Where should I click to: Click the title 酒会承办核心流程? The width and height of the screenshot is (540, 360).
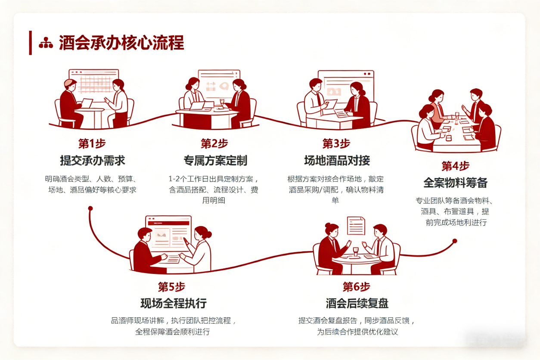click(121, 43)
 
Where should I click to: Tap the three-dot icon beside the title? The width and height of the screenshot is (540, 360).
click(46, 43)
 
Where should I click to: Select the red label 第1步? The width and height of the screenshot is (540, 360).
click(92, 143)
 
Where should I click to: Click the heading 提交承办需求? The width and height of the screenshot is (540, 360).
click(92, 161)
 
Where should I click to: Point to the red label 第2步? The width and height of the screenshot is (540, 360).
click(214, 143)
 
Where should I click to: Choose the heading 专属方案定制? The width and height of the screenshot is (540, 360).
click(215, 161)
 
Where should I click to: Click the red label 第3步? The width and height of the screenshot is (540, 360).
click(336, 143)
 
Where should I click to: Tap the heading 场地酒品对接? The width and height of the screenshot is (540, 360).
click(337, 161)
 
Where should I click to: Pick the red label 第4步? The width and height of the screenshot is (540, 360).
click(455, 166)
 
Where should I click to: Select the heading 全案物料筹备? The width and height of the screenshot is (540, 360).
click(455, 183)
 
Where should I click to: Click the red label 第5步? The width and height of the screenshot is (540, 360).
click(171, 286)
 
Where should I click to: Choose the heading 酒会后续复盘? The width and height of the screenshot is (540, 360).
click(357, 303)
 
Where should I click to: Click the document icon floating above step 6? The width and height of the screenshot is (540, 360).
click(356, 226)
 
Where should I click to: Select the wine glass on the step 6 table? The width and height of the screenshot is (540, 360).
click(356, 251)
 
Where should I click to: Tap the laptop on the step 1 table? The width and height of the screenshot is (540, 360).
click(86, 103)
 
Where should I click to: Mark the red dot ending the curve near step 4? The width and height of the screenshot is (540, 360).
click(454, 242)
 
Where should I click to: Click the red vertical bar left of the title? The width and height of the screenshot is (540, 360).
click(31, 43)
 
